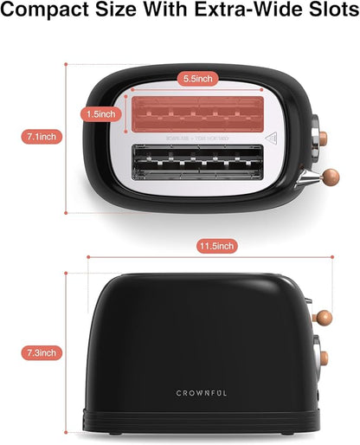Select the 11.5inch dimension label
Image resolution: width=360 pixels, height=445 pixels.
click(x=215, y=247)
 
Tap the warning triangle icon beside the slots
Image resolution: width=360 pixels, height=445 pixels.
click(x=269, y=136)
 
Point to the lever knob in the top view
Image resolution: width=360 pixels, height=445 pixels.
click(x=332, y=180)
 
